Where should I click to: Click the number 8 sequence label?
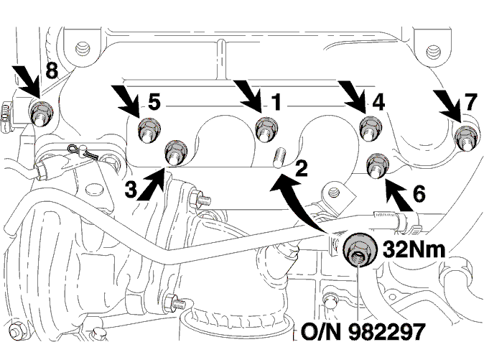coord(52,70)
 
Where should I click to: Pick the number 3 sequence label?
coord(131,189)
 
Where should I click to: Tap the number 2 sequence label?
coord(301,169)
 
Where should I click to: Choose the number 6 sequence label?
coord(419,193)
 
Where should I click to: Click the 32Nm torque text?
coord(414,249)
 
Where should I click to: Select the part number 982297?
coord(387,331)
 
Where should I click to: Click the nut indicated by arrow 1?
coord(266,129)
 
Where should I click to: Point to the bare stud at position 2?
coord(280,157)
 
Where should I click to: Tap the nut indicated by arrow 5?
coord(148,129)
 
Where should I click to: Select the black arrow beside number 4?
coord(353,96)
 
